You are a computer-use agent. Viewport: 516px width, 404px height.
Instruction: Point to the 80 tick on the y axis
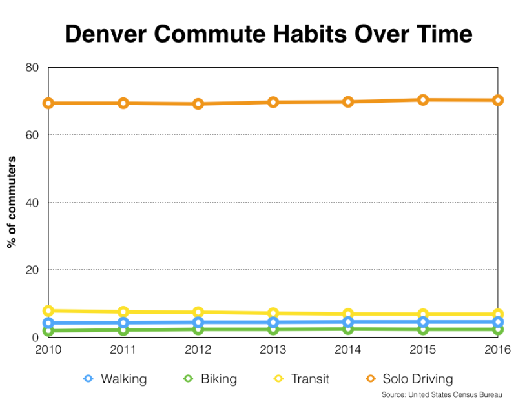coord(32,67)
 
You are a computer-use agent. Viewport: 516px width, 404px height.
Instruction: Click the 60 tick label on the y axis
coord(32,135)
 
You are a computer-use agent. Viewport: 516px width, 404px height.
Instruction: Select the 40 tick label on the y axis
coord(32,202)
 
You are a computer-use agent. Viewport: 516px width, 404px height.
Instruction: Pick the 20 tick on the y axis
coord(32,270)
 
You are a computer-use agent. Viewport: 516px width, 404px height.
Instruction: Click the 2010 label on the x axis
coord(48,349)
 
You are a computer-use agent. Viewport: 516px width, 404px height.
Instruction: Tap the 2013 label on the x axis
coord(273,349)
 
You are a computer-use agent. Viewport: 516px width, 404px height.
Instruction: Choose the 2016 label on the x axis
coord(497,349)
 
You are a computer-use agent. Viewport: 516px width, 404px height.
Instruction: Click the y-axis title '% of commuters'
coord(11,202)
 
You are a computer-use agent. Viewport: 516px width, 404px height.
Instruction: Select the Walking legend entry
coord(115,379)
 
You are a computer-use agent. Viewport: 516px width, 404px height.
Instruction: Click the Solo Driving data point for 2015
coord(423,99)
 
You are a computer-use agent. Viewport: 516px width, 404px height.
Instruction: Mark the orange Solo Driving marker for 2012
coord(198,104)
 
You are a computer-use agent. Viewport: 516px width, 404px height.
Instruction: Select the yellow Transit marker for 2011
coord(123,312)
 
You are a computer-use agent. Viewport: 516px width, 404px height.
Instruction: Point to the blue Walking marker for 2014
coord(348,322)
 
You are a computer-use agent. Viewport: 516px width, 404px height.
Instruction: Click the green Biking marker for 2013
coord(273,329)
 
